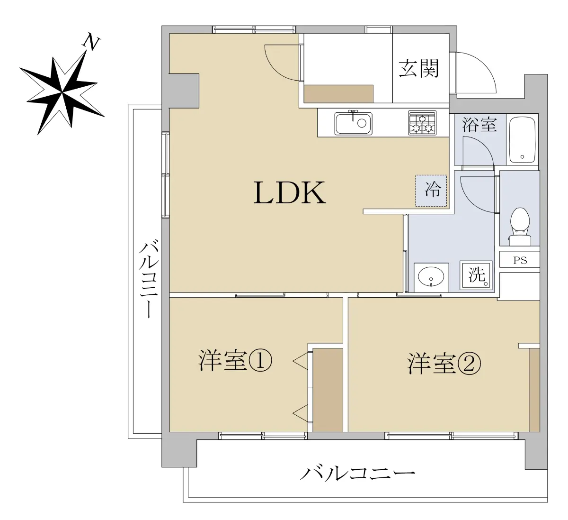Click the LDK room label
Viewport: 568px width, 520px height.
pos(290,192)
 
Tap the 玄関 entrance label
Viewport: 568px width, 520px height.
pos(418,68)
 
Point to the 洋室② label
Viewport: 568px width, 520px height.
pos(444,364)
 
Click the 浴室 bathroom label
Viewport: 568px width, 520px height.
pos(479,125)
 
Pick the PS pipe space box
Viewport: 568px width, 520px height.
pos(520,260)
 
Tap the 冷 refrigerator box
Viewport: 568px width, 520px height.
pos(431,191)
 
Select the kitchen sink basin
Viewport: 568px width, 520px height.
pos(353,124)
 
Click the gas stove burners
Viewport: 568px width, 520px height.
pos(422,123)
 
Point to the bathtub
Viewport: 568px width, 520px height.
pos(522,139)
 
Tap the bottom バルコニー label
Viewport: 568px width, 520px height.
pos(358,474)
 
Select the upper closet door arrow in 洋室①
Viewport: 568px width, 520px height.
pos(300,362)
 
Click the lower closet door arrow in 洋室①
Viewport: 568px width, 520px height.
pos(300,414)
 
